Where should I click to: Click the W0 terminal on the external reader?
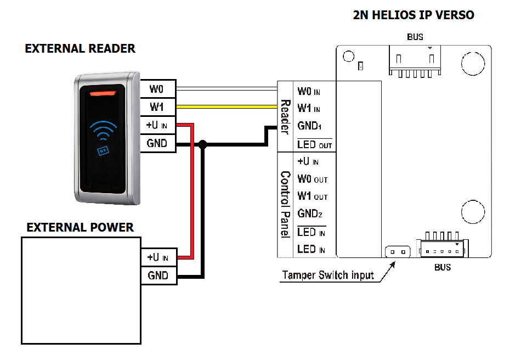[158, 88]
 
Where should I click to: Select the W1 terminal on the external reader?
[158, 106]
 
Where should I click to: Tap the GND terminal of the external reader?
[158, 144]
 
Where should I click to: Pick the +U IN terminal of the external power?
[158, 257]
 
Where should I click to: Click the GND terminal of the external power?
[158, 275]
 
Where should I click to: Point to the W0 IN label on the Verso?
[309, 91]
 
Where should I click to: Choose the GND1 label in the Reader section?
[309, 126]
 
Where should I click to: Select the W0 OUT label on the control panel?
[312, 179]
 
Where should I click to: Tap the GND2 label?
[309, 213]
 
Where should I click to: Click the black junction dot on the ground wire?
[203, 144]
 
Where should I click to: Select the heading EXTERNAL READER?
[80, 49]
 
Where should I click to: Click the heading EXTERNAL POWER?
[80, 227]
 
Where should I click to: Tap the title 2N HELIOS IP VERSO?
[414, 15]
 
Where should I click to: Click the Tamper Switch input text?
[328, 275]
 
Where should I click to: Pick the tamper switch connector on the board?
[398, 252]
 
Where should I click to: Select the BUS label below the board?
[443, 267]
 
